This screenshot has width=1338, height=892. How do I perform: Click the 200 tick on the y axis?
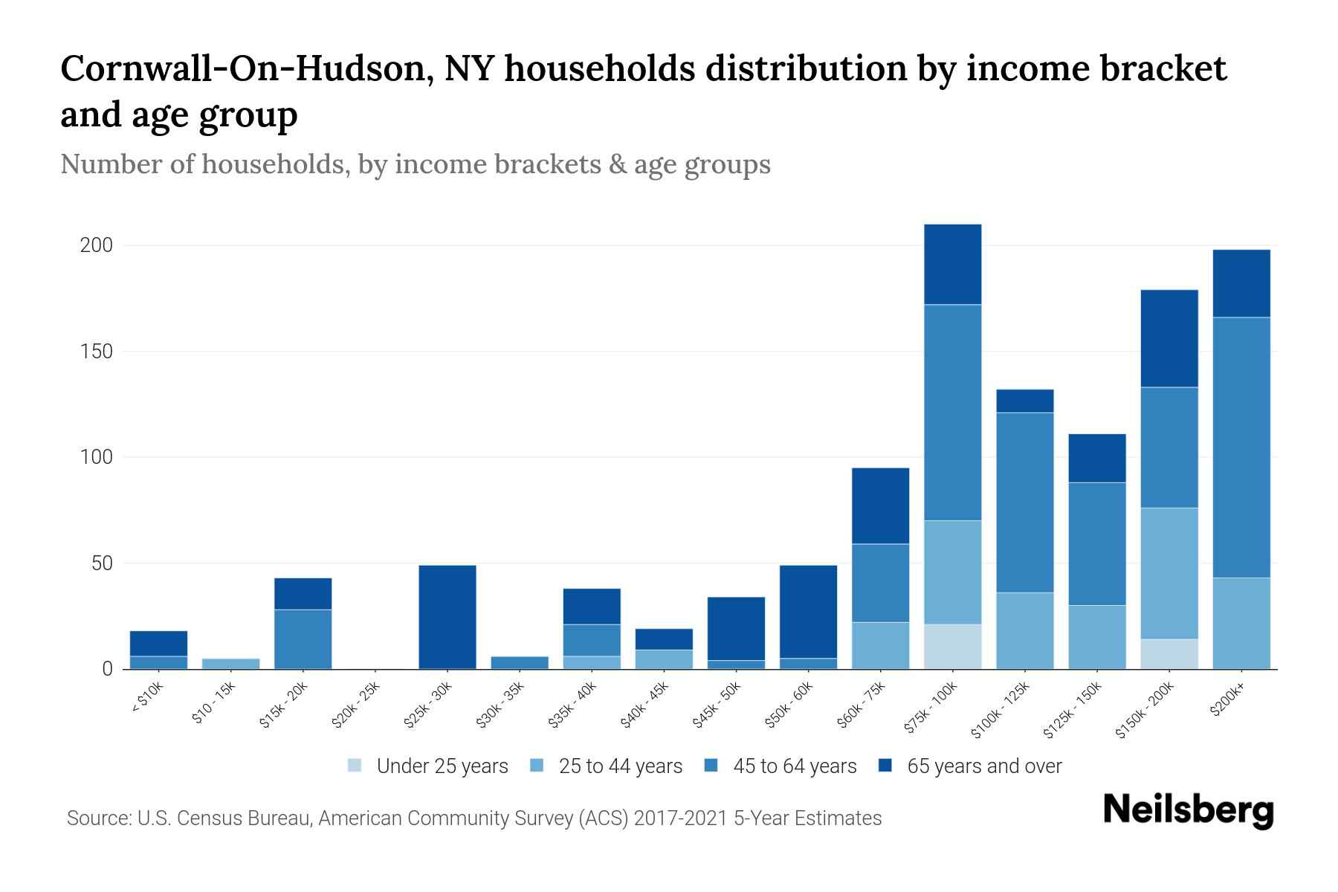point(96,245)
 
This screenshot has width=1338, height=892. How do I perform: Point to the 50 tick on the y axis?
point(101,563)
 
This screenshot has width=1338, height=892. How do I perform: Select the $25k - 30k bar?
point(447,617)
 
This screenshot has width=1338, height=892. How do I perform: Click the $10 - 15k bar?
point(230,663)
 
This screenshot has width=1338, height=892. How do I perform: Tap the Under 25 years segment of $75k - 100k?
point(952,646)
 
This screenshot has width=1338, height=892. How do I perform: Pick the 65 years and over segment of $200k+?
point(1241,283)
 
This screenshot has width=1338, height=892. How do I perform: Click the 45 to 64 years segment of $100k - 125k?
point(1024,502)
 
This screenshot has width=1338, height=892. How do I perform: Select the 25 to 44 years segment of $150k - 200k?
point(1169,573)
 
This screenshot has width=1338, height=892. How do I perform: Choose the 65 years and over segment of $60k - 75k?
point(880,505)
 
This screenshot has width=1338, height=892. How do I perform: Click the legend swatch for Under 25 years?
point(355,766)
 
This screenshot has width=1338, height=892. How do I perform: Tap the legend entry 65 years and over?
point(983,766)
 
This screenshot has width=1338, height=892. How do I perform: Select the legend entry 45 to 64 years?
point(794,766)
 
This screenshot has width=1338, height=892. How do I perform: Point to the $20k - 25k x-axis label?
point(355,703)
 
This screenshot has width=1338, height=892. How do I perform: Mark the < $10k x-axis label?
point(147,697)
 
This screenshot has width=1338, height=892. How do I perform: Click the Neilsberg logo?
point(1188,810)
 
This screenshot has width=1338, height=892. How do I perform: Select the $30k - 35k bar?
point(520,662)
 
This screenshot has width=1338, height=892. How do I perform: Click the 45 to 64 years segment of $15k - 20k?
point(303,639)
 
